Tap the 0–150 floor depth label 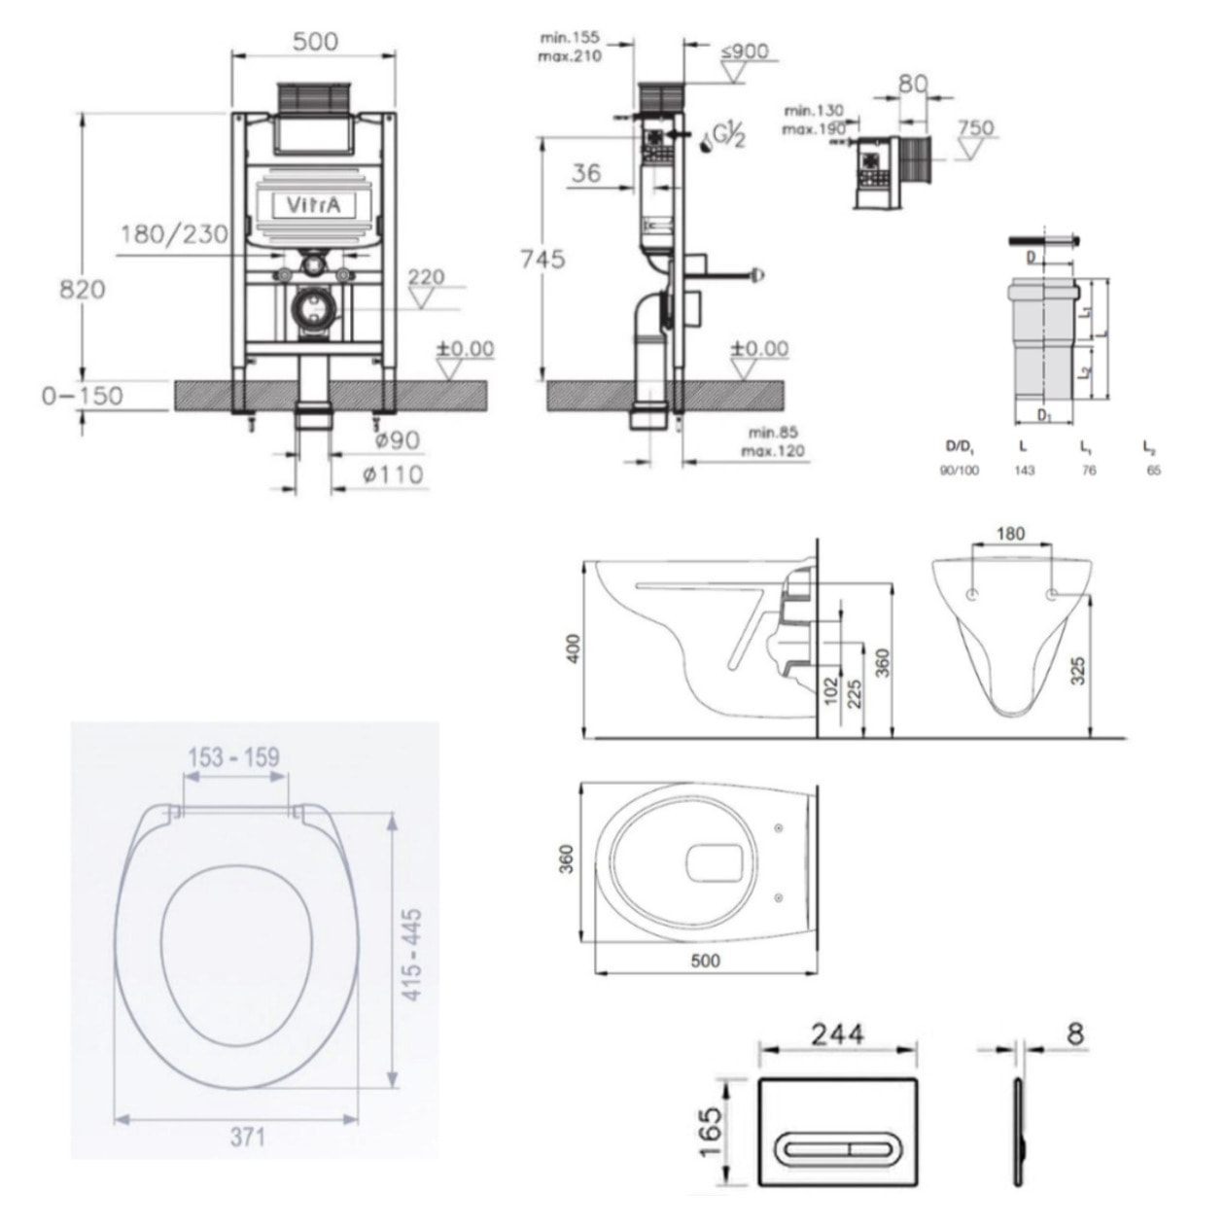(83, 396)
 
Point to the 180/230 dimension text (175, 234)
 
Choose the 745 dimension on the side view (542, 260)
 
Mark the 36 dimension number (585, 173)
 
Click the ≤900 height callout (746, 51)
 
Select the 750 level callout (974, 128)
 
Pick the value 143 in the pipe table (1024, 471)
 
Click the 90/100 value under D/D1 (962, 471)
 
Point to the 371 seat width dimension (248, 1136)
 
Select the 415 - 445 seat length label (413, 957)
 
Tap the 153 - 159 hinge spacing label (233, 757)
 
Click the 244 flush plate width (837, 1033)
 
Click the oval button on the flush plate (837, 1150)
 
